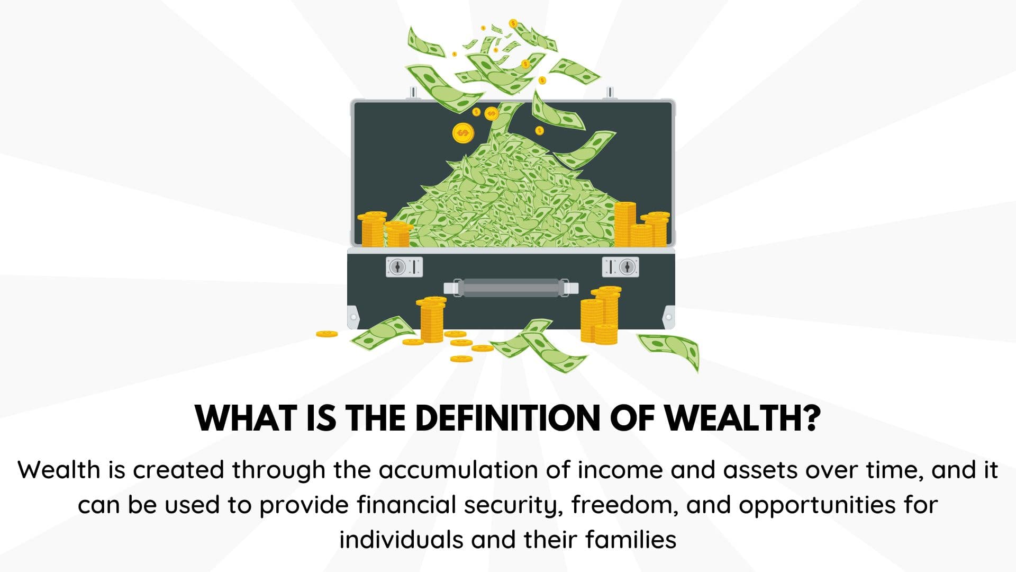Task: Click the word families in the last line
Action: [x=631, y=540]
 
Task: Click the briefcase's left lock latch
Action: [x=404, y=267]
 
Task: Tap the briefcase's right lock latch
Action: [x=620, y=267]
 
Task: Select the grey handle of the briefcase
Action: [x=511, y=288]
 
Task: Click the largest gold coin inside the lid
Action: [x=463, y=133]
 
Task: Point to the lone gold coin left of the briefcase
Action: [x=326, y=334]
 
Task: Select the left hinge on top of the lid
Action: [x=413, y=93]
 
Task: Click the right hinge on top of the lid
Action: [x=610, y=93]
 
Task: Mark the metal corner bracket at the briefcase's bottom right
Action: [x=668, y=317]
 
